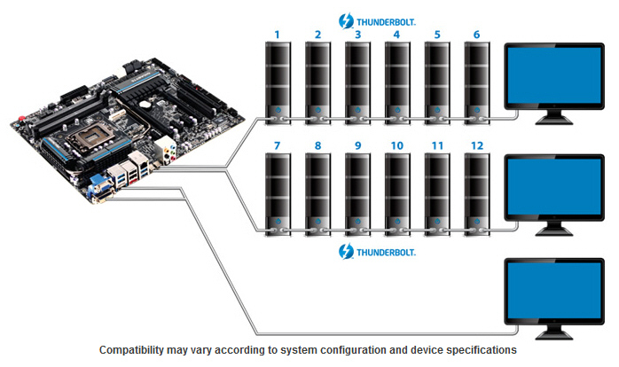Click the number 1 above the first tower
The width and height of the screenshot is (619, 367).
(x=278, y=35)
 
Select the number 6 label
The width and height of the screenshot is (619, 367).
(x=477, y=35)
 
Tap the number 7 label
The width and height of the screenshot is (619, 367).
(x=278, y=143)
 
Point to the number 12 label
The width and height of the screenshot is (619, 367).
(x=477, y=143)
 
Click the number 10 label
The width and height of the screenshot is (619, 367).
(x=397, y=143)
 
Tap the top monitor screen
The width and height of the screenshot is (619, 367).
(x=554, y=75)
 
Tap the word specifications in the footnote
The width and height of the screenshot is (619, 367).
(x=480, y=350)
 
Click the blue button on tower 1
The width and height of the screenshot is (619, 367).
(x=278, y=112)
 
